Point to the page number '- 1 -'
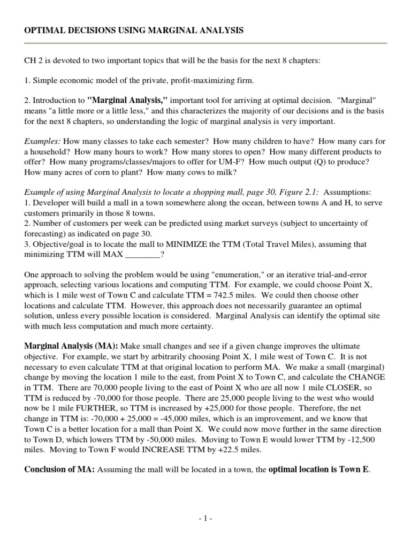pos(205,519)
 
